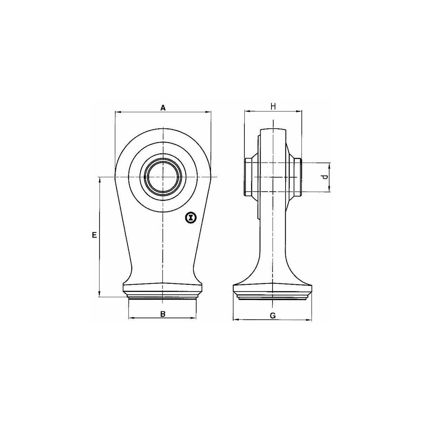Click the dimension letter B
pos(162,314)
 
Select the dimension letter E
pos(94,235)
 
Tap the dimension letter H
pos(273,107)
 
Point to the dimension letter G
pos(273,315)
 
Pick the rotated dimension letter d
pos(325,177)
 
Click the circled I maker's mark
pos(191,218)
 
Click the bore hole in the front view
pos(163,177)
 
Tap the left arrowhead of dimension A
pos(118,112)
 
